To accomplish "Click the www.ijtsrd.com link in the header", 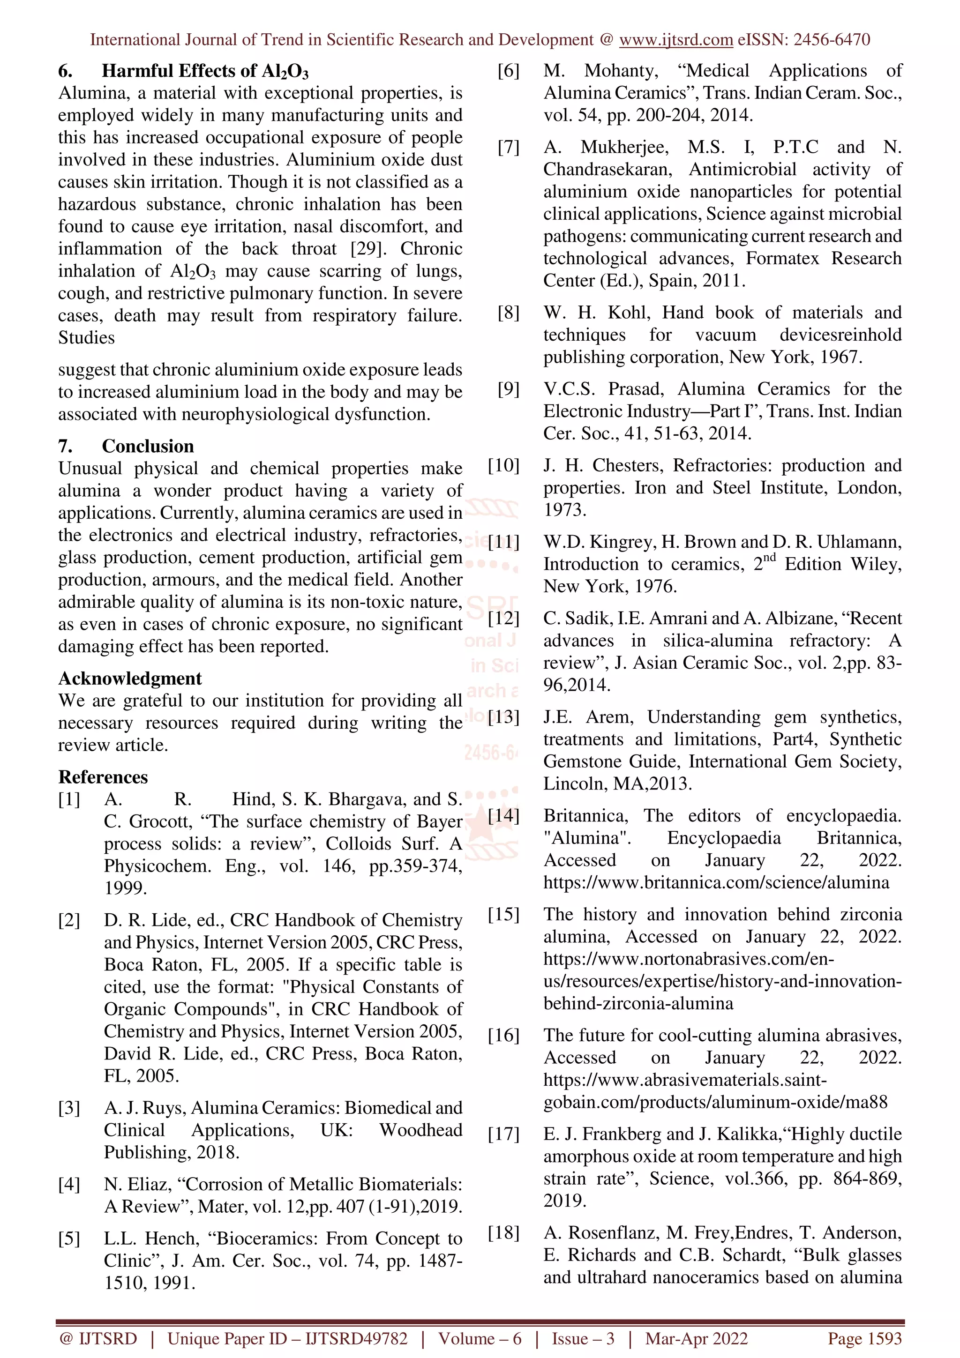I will [x=675, y=40].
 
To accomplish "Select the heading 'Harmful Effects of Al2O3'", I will [x=205, y=71].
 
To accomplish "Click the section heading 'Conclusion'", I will [x=147, y=446].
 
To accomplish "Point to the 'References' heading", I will [x=103, y=776].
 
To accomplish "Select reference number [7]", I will [x=508, y=147].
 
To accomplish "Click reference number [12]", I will [x=503, y=618].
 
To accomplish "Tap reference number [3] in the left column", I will [x=68, y=1107].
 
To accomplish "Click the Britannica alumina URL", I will [x=716, y=882].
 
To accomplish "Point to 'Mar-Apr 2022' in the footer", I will [x=696, y=1338].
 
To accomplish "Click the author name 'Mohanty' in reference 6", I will [x=621, y=71].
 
